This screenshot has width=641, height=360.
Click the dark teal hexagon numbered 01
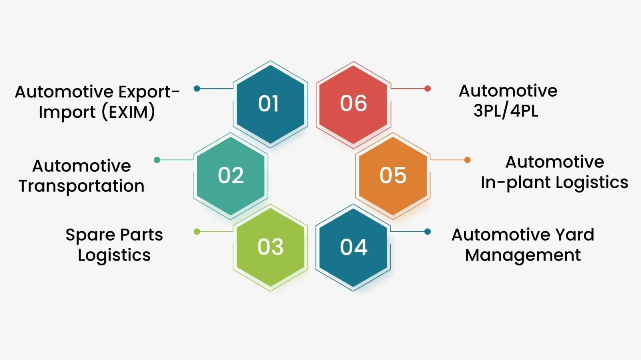pos(270,104)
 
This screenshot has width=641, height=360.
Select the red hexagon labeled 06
pos(353,104)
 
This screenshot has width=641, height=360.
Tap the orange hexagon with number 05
pos(393,176)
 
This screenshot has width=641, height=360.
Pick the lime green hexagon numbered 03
pos(270,247)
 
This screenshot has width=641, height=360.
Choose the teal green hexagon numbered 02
pos(230,176)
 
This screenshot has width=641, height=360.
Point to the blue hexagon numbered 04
pos(353,247)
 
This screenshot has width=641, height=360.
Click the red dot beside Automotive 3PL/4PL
pos(427,89)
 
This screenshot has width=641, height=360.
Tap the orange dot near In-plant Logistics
pos(467,160)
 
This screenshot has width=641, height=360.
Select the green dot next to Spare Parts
pos(197,231)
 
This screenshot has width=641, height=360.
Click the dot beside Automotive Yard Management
pos(427,231)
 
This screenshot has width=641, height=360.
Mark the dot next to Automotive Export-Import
pos(197,89)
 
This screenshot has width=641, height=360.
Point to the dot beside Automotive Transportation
pos(157,160)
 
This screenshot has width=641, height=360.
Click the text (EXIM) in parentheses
pos(128,112)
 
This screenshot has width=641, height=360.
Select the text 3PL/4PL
pos(506,111)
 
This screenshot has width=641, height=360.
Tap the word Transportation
pos(81,186)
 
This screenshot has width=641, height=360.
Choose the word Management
pos(523,255)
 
